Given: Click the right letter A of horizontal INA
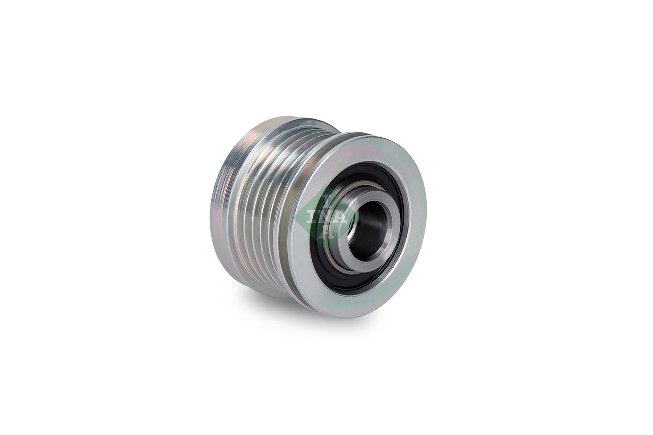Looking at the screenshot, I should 342,217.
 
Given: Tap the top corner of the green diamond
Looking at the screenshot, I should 326,188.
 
